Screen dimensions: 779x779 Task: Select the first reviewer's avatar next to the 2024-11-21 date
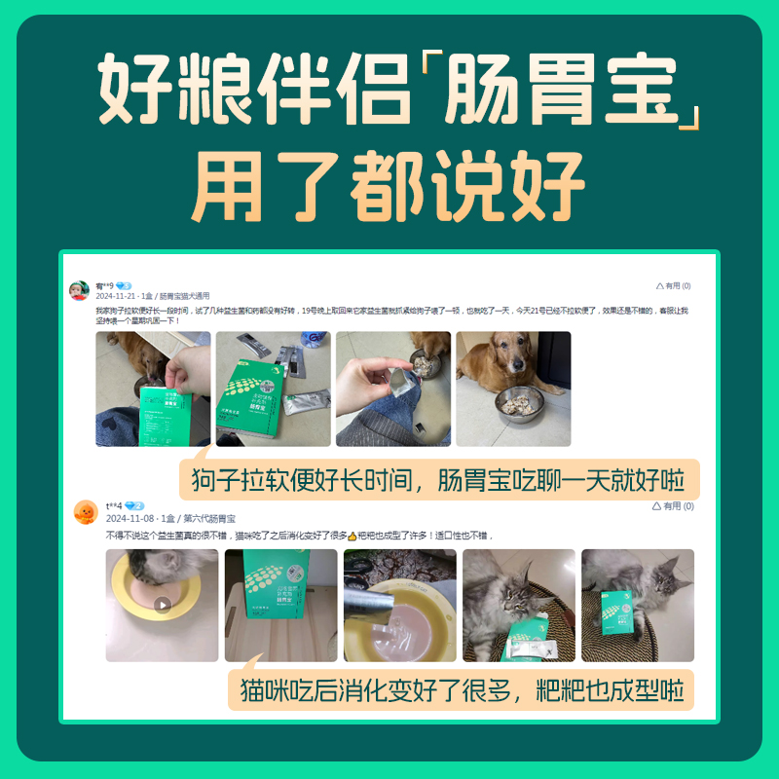(80, 290)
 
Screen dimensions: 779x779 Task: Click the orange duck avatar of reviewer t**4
(86, 512)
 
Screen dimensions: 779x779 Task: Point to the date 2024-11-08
(128, 519)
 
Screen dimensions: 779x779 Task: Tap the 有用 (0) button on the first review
(673, 286)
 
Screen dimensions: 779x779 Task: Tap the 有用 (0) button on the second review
(674, 506)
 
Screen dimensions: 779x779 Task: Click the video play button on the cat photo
(163, 605)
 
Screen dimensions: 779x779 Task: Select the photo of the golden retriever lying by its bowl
(513, 389)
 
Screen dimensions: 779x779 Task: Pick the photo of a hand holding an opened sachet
(393, 389)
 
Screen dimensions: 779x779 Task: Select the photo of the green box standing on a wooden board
(281, 606)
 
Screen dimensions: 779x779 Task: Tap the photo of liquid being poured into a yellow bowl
(400, 606)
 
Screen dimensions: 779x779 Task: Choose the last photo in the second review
(637, 606)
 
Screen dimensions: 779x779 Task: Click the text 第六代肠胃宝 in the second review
(209, 519)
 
